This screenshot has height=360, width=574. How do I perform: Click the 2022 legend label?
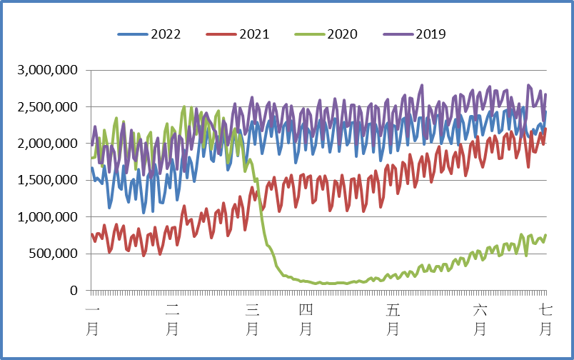pyautogui.click(x=165, y=34)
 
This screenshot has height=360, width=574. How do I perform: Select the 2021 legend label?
pyautogui.click(x=253, y=34)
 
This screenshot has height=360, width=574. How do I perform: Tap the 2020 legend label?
pyautogui.click(x=342, y=34)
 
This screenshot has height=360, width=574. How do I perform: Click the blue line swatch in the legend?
pyautogui.click(x=132, y=34)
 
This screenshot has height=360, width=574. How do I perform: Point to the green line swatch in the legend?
pyautogui.click(x=309, y=34)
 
